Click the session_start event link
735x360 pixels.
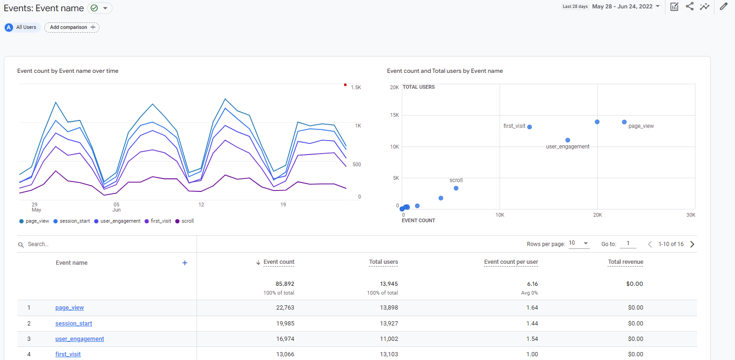tap(73, 324)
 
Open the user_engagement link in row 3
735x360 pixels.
tap(79, 339)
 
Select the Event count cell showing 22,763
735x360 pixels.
tap(285, 308)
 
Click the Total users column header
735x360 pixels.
tap(383, 262)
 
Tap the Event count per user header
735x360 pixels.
tap(511, 262)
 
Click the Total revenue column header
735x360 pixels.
tap(625, 262)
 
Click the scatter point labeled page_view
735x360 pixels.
tap(624, 122)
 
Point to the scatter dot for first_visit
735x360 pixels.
tap(530, 127)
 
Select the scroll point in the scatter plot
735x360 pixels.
tap(456, 188)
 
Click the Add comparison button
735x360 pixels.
tap(72, 28)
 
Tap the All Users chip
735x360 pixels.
tap(21, 28)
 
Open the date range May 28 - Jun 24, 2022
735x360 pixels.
tap(625, 7)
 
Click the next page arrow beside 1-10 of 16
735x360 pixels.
tap(692, 244)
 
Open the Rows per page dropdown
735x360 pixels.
tap(579, 243)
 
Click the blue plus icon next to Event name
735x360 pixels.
tap(185, 263)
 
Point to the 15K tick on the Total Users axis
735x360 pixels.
tap(395, 115)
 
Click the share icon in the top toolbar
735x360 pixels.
tap(689, 7)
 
